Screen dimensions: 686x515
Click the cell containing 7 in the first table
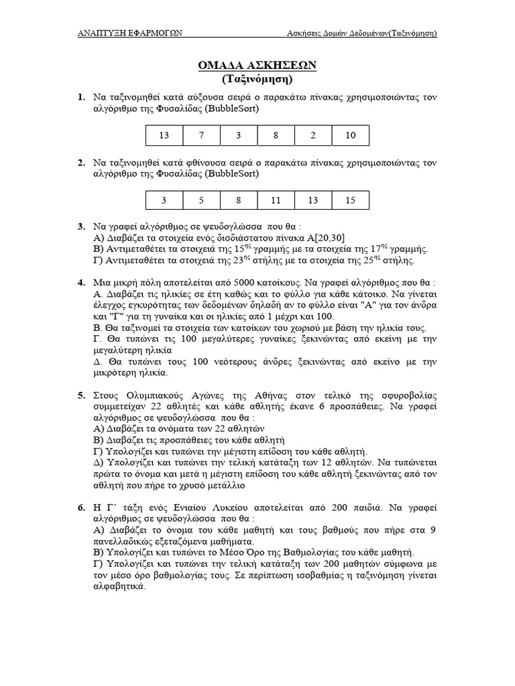point(201,136)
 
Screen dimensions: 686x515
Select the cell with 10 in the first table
point(351,136)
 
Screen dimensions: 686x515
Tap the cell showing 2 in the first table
point(313,136)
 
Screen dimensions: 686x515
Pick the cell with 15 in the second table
point(351,200)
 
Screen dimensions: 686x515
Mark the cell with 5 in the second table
point(201,200)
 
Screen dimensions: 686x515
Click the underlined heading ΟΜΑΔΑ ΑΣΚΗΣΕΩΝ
point(257,65)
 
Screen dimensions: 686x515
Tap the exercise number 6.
point(81,509)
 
